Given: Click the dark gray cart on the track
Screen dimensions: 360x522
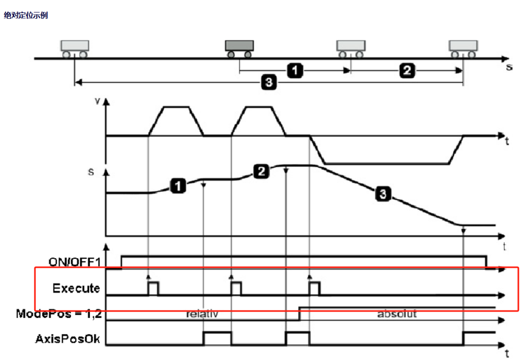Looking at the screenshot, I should coord(239,47).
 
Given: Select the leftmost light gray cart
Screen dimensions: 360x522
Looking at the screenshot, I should coord(74,47).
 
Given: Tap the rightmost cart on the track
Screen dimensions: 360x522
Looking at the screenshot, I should coord(463,47).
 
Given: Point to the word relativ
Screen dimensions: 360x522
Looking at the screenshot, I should coord(202,314).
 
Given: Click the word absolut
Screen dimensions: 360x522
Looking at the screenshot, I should coord(397,314).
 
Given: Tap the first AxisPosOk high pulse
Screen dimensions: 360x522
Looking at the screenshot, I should coord(217,338).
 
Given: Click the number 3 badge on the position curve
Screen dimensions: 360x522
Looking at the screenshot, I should coord(383,195).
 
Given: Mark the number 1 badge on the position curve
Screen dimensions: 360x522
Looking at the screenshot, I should coord(178,185).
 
